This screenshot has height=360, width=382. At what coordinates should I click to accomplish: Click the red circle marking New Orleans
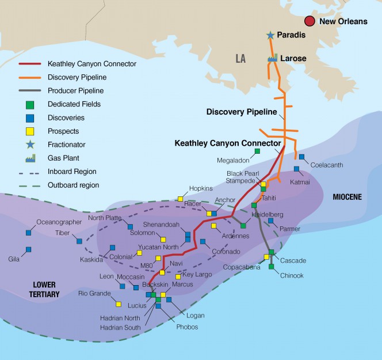coord(310,21)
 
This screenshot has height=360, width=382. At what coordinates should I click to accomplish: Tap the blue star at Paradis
coord(270,36)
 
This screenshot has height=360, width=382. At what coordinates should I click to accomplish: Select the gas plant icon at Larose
coord(272,58)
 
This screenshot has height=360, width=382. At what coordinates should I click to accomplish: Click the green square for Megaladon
coord(257,151)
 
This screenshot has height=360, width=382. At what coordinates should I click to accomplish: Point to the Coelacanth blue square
coord(301,157)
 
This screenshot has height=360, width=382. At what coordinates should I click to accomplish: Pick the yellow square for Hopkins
coord(180,199)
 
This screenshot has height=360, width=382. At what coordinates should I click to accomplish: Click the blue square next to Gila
coord(28,249)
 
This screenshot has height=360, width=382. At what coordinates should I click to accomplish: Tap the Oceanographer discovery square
coord(28,233)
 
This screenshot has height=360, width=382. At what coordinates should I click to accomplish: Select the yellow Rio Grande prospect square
coord(119,304)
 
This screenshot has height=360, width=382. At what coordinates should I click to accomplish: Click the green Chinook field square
coord(272,266)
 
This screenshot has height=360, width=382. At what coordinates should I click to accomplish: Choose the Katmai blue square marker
coord(297,169)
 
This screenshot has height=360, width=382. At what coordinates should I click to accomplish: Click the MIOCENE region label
coord(347,197)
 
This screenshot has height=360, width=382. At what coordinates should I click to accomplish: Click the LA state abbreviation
coord(240,58)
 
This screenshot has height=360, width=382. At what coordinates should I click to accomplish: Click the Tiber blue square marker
coord(79,241)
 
